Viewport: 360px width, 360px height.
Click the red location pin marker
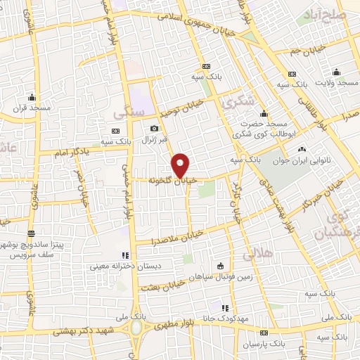pyautogui.click(x=181, y=165)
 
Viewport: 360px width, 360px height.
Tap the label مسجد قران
pyautogui.click(x=32, y=108)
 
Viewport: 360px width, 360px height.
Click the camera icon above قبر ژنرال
pyautogui.click(x=155, y=128)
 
